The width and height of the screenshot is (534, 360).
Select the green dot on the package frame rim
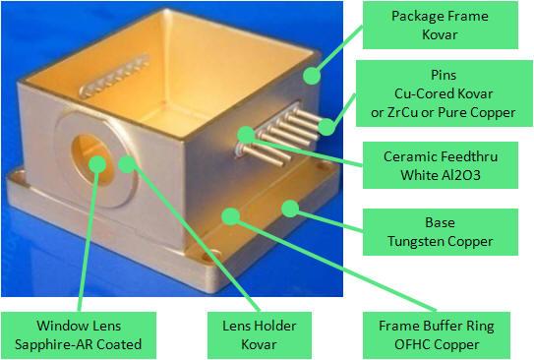311,72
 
